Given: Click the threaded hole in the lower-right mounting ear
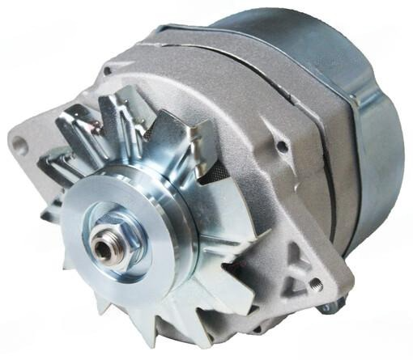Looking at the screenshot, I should (316, 285).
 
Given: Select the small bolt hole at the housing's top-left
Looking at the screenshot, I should (107, 72).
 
